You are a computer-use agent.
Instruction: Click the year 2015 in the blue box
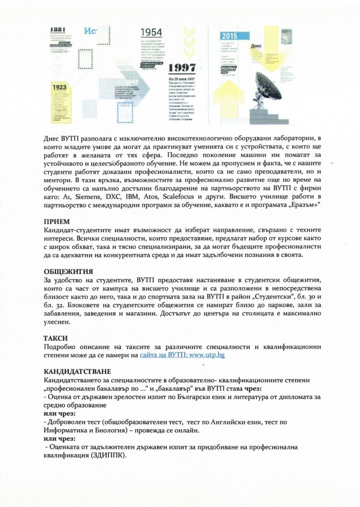click(x=229, y=36)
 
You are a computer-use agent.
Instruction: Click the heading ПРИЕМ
click(x=57, y=222)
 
